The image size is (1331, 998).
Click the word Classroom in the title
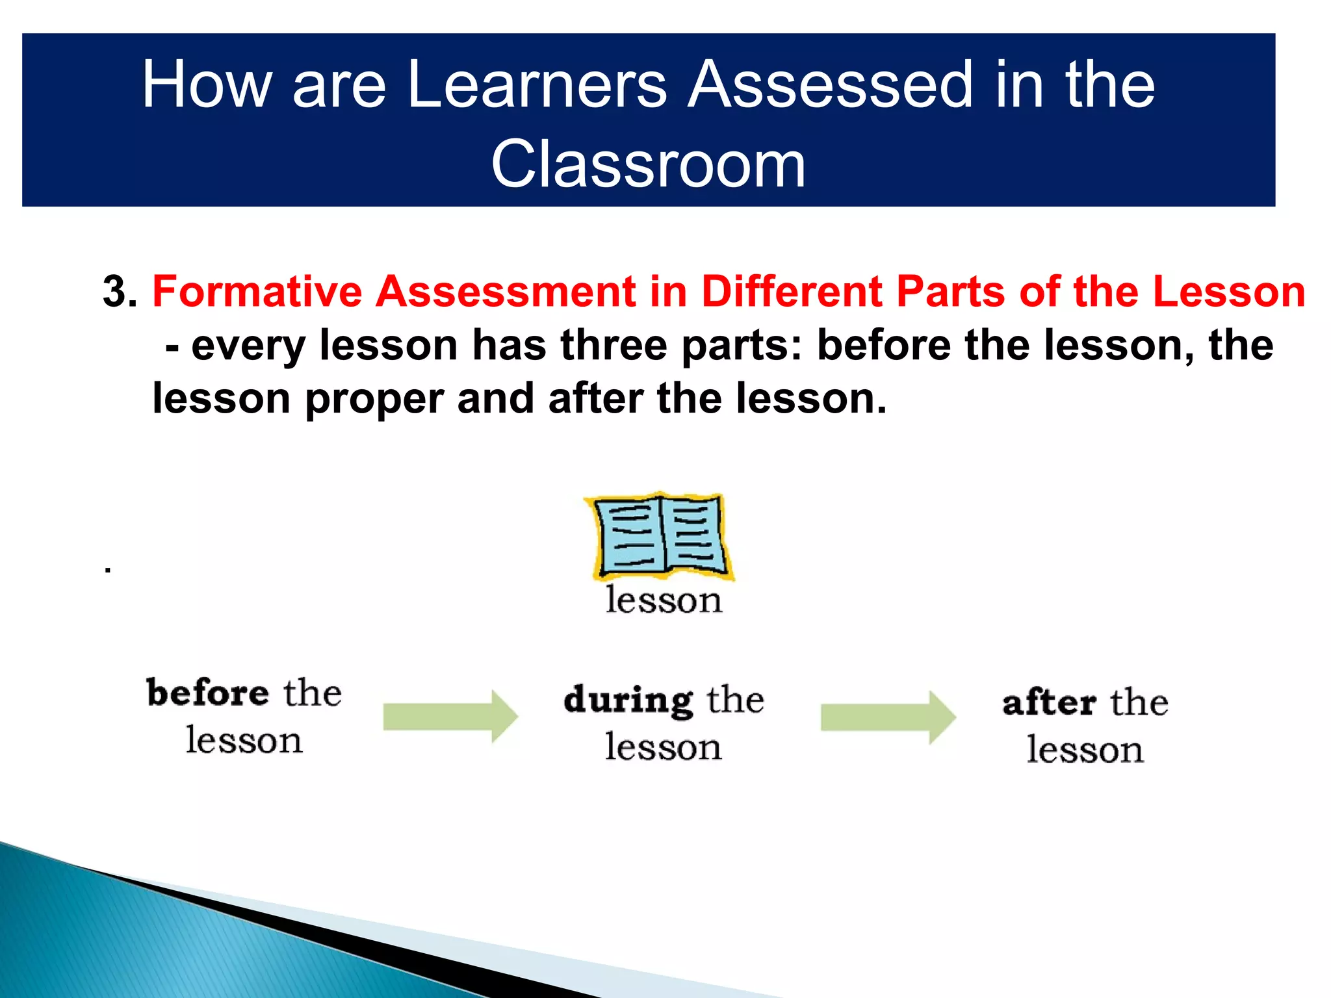pos(648,165)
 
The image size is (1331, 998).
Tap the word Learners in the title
pos(537,84)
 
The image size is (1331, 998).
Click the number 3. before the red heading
pos(120,291)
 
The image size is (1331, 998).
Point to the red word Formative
pos(257,291)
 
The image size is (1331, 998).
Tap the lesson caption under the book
pos(664,600)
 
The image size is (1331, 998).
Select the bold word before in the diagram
pos(207,693)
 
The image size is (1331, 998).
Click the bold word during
pos(628,700)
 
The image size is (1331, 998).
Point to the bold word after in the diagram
pos(1049,703)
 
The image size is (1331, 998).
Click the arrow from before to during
pos(450,717)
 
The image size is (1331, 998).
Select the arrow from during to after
pos(888,717)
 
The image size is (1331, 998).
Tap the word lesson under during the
pos(663,747)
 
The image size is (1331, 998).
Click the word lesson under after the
pos(1085,750)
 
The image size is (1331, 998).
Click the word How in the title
pos(207,84)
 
